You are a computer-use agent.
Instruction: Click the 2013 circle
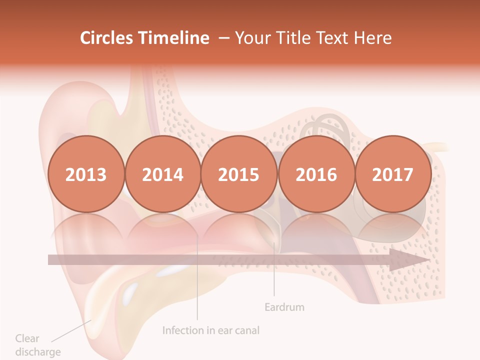click(86, 174)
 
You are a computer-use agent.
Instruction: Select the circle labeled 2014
click(162, 174)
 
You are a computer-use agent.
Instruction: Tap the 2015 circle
click(239, 174)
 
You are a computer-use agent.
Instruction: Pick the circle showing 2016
click(316, 174)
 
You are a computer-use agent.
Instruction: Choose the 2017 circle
click(393, 174)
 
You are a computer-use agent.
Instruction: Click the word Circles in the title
click(107, 38)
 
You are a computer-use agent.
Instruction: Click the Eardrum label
click(284, 306)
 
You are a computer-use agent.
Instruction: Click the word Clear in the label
click(27, 338)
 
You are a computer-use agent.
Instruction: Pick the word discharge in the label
click(38, 351)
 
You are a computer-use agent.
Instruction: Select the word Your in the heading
click(252, 38)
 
